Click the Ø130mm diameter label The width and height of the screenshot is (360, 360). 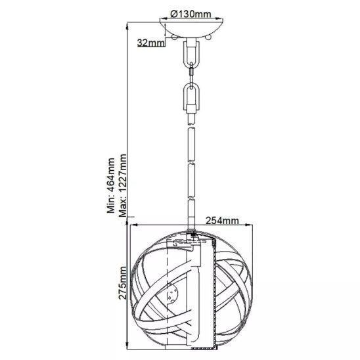point(191,14)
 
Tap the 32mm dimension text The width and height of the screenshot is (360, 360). point(151,43)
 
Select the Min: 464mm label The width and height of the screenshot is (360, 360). point(110,185)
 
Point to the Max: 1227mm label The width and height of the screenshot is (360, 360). point(122,185)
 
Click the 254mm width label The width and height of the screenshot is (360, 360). point(222,221)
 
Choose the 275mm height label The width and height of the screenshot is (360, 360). point(122,283)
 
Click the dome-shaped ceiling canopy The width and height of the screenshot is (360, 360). point(191,28)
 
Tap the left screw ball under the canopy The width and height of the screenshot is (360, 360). point(175,37)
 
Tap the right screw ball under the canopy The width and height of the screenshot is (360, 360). point(208,37)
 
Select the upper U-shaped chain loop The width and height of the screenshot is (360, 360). point(191,54)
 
